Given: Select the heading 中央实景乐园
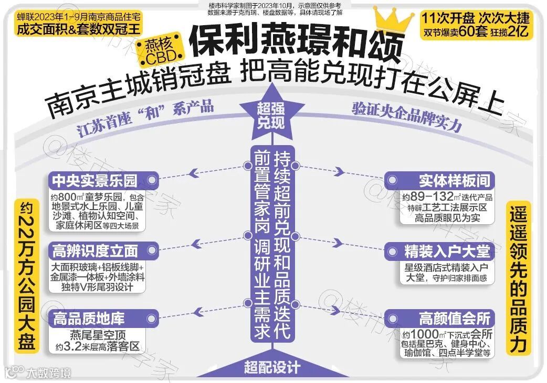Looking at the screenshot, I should coord(94,181).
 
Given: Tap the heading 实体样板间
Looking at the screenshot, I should coord(455,181).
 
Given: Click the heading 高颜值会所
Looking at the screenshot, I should coord(455,318).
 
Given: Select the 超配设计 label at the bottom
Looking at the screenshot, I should coord(271,367).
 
